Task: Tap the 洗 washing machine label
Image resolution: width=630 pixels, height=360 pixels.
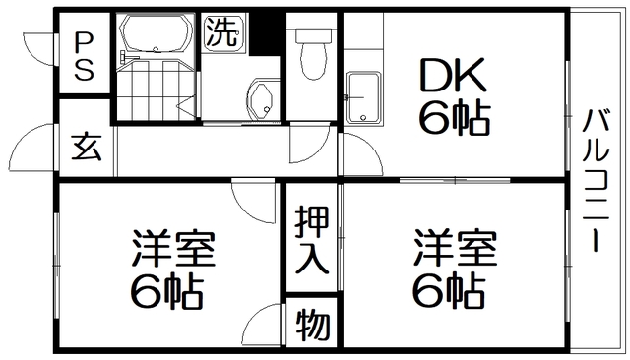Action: coord(221,33)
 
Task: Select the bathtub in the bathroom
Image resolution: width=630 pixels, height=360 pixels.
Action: coord(154,35)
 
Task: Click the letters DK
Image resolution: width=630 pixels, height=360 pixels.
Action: coord(453,75)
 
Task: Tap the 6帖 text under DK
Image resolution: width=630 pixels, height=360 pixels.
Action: coord(454,118)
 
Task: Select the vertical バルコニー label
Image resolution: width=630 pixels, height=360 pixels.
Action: coord(596,180)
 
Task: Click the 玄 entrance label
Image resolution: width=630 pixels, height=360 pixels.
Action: coord(86,148)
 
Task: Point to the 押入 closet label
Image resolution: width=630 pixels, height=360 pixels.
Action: coord(312,243)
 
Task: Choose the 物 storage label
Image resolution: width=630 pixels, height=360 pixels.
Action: coord(313,324)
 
